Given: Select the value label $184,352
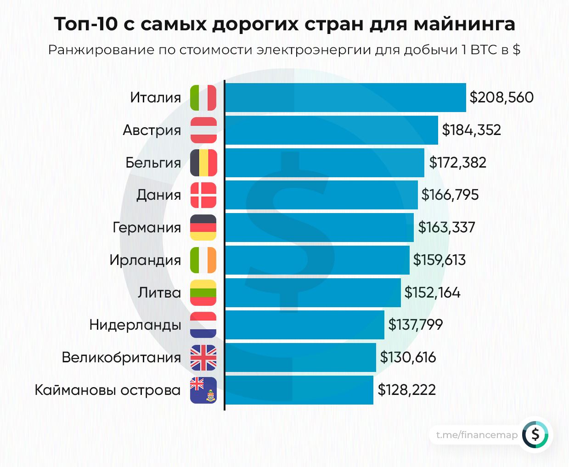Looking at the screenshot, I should click(x=471, y=130).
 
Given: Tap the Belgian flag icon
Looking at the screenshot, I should click(x=203, y=163).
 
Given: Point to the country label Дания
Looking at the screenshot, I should click(x=159, y=195).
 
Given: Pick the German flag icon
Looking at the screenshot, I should click(x=203, y=228).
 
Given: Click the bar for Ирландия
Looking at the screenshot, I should click(x=317, y=260).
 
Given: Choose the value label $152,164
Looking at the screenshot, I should click(x=432, y=293).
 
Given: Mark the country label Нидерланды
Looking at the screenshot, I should click(x=135, y=325).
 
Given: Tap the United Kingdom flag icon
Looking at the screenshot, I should click(x=203, y=358).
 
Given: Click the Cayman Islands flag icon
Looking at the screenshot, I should click(x=203, y=390).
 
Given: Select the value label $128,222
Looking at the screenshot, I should click(x=406, y=390).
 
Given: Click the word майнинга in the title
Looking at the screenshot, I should click(x=464, y=24).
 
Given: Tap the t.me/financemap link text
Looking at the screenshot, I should click(x=477, y=435).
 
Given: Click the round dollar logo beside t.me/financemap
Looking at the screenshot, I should click(x=535, y=434).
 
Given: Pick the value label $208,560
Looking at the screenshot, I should click(x=501, y=97).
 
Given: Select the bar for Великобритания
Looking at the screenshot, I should click(x=300, y=358).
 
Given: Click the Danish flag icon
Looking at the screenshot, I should click(x=203, y=195).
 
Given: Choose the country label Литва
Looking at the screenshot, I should click(x=159, y=293).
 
